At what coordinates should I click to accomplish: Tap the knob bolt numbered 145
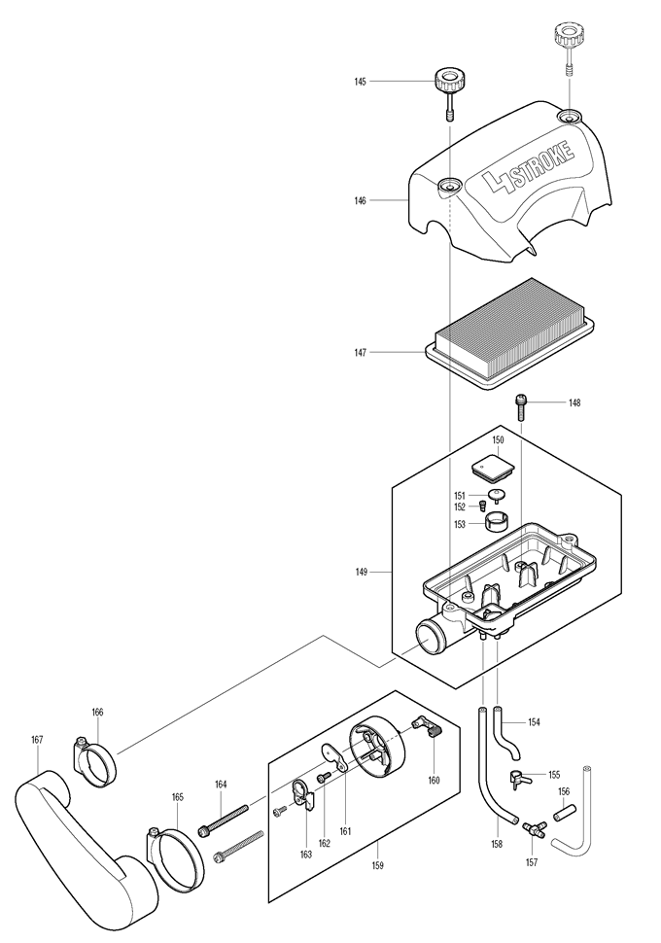[x=449, y=83]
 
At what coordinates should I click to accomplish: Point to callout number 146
[x=360, y=201]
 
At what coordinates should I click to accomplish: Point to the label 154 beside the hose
[x=534, y=722]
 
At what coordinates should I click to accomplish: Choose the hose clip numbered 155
[x=519, y=778]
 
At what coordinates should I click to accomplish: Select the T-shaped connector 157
[x=532, y=828]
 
